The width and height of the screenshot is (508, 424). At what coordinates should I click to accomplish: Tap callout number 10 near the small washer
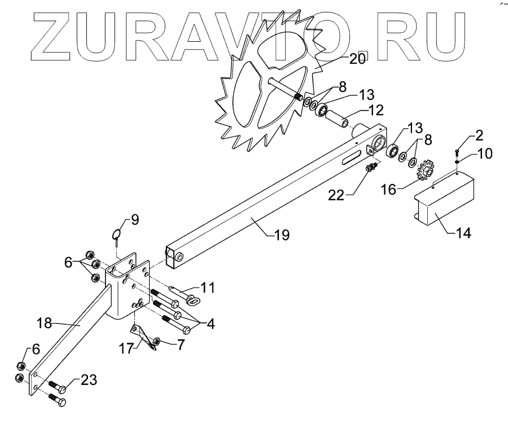485,153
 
